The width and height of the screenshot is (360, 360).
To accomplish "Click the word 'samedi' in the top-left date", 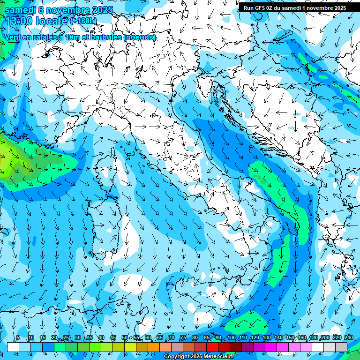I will pos(21,9).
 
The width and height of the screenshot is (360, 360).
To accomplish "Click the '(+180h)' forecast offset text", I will pos(84,21).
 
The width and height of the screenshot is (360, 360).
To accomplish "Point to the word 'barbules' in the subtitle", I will pos(106,37).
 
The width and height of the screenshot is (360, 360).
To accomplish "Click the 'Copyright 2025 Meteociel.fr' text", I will pos(199,357).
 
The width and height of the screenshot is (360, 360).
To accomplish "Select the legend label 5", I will pos(18,337).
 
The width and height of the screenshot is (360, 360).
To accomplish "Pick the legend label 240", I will pos(348,337).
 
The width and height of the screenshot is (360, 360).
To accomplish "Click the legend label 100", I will pos(232,337).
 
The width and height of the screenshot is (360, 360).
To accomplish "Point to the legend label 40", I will pos(101,337).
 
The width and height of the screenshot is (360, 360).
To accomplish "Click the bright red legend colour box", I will pos(212,347).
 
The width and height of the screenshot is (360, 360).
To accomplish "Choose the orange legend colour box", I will pos(142,347).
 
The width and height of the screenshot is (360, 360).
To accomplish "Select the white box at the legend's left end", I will pos(13,347).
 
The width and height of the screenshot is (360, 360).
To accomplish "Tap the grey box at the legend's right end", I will pos(341,347).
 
